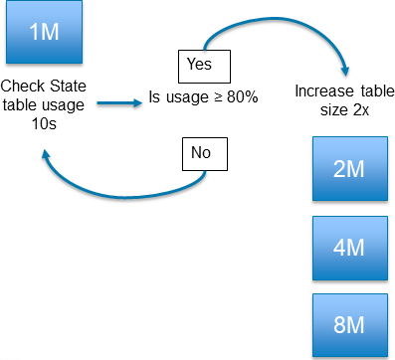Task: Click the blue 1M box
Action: (x=46, y=32)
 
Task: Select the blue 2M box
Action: (x=347, y=168)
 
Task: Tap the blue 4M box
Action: (x=347, y=247)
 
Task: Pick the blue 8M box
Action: (x=347, y=323)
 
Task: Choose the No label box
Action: (x=205, y=153)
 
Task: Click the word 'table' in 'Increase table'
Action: (x=369, y=90)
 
